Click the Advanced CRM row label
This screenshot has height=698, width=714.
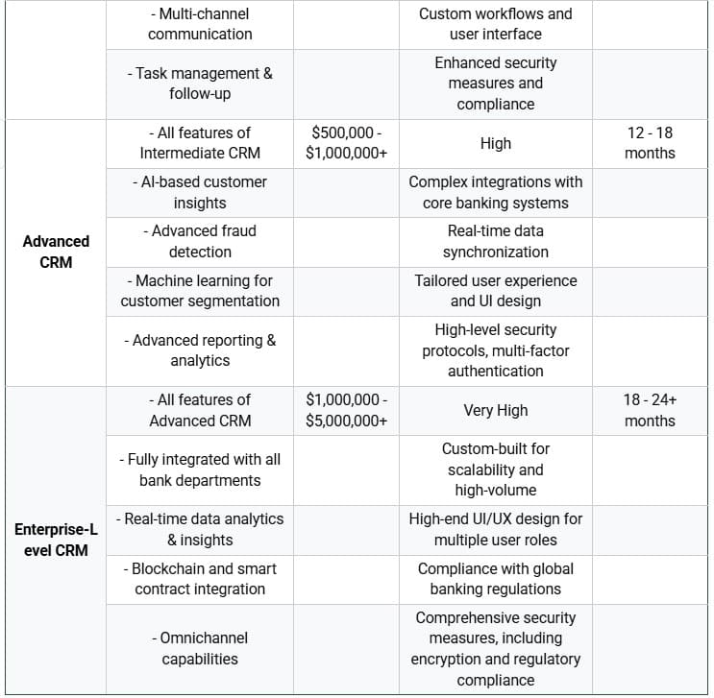coord(56,252)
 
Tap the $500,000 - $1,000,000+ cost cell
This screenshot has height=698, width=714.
coord(346,143)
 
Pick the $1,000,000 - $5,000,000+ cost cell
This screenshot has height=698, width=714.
coord(346,410)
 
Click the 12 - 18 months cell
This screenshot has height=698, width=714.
coord(650,143)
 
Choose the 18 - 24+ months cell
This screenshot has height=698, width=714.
coord(650,410)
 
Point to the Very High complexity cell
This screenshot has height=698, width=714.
coord(495,410)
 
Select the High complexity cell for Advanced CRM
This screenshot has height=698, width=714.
coord(495,143)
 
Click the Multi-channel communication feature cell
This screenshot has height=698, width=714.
coord(200,24)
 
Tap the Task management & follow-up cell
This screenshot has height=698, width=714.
coord(200,84)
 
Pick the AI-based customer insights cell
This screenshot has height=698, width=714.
coord(200,192)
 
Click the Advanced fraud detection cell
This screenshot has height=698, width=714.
coord(200,241)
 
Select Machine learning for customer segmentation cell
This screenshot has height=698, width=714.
coord(200,291)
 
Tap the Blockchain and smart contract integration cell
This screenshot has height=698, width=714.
coord(200,579)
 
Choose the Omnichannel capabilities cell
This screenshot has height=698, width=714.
coord(200,648)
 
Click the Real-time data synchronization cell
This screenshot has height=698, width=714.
coord(495,241)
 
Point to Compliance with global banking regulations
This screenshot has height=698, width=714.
coord(495,579)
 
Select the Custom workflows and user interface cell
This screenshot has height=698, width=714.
coord(495,24)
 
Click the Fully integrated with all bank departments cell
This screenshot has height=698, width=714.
coord(200,469)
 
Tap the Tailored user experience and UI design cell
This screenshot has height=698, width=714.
coord(495,291)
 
